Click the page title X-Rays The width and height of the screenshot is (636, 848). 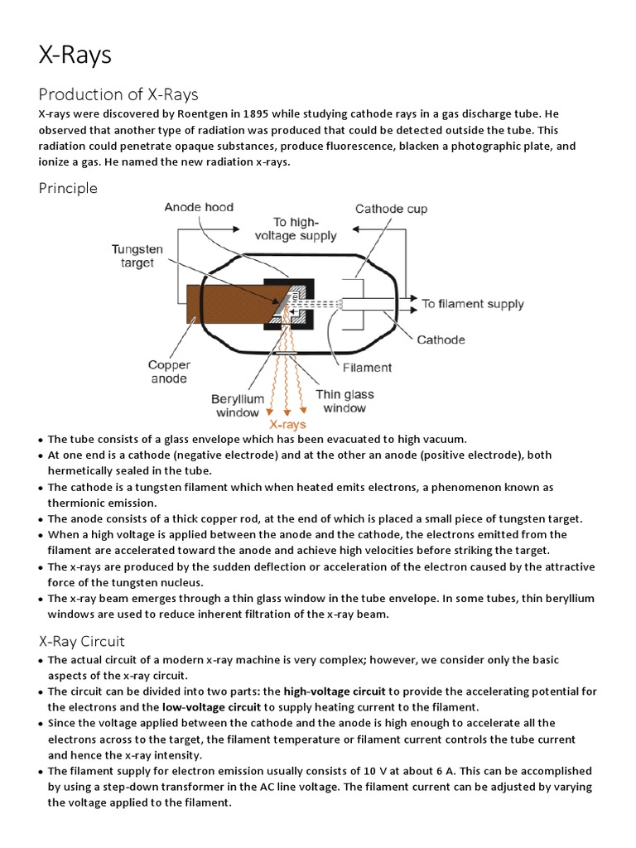(75, 55)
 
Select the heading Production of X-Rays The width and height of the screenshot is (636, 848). (118, 94)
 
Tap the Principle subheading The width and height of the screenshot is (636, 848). (68, 188)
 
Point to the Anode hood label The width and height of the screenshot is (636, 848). (199, 207)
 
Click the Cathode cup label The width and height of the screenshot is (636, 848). (391, 209)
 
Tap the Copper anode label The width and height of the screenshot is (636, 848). (169, 372)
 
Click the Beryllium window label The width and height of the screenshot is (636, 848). (238, 405)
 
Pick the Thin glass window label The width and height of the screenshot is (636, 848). (344, 401)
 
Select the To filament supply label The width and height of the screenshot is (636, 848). (473, 304)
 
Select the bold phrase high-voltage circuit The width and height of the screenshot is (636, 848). (335, 691)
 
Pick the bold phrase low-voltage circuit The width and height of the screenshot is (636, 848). (211, 707)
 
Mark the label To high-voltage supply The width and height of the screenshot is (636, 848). (305, 229)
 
